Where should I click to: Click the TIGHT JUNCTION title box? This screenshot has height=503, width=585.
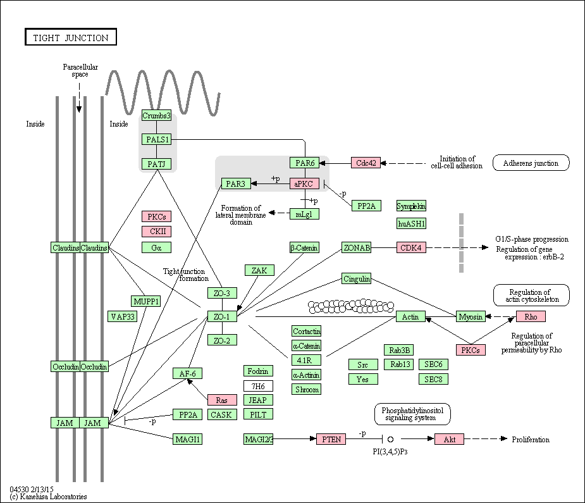click(71, 37)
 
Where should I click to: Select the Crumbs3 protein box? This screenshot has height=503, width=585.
click(156, 115)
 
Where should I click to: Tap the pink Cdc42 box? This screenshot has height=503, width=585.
click(366, 163)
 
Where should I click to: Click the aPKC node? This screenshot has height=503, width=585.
click(304, 183)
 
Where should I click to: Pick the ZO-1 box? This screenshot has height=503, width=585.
click(222, 316)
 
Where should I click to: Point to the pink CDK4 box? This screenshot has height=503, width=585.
click(411, 247)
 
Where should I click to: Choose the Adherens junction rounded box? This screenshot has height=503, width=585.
click(531, 163)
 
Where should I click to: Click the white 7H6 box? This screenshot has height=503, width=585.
click(258, 386)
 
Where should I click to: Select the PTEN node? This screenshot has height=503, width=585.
click(331, 439)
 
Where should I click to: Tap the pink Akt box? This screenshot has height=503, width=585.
click(449, 439)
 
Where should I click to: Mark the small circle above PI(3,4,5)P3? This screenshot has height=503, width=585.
click(390, 439)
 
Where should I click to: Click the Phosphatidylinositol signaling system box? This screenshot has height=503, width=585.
click(412, 414)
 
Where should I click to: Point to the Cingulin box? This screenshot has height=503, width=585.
click(356, 278)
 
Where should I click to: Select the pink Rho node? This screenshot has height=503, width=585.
click(531, 316)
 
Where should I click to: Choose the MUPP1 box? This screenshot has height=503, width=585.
click(146, 301)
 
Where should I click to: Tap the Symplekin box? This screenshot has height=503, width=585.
click(411, 206)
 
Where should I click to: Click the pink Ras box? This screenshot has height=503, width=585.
click(222, 400)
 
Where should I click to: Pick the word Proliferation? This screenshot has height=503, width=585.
click(531, 440)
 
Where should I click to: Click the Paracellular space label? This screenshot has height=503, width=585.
click(80, 70)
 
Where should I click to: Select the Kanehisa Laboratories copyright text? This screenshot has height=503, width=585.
click(48, 497)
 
